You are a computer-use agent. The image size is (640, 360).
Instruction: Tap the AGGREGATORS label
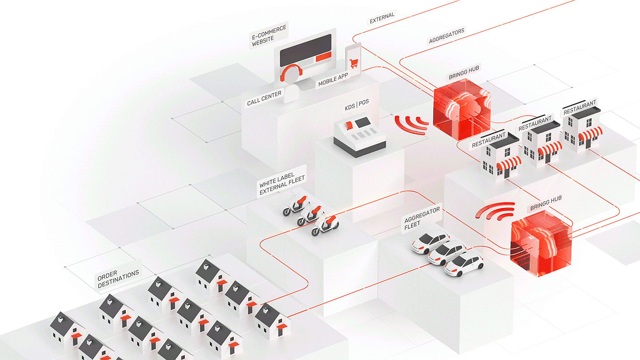[446, 36]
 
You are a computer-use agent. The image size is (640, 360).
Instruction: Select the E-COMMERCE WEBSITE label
[269, 36]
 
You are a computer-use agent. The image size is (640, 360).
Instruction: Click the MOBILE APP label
[333, 79]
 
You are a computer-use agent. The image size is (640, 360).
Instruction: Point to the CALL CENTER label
[264, 97]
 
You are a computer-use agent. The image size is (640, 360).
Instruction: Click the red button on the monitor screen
[323, 57]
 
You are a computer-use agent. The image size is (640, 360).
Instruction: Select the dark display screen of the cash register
[363, 122]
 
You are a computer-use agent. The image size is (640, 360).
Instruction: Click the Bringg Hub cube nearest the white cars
[541, 247]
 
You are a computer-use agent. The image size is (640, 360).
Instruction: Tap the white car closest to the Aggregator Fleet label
[430, 242]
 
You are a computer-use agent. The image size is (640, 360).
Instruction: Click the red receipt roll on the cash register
[349, 125]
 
